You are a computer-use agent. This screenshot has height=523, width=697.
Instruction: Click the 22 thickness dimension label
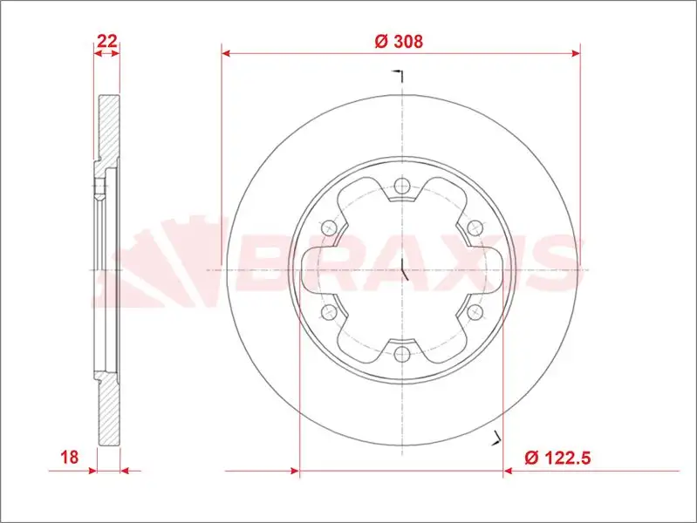click(x=107, y=40)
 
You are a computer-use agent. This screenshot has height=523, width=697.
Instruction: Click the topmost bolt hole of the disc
click(x=401, y=186)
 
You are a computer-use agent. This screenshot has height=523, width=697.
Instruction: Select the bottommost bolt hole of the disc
click(x=401, y=354)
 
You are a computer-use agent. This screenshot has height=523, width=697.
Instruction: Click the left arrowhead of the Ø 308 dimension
click(x=226, y=53)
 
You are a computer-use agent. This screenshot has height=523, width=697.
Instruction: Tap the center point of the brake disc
click(x=401, y=270)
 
